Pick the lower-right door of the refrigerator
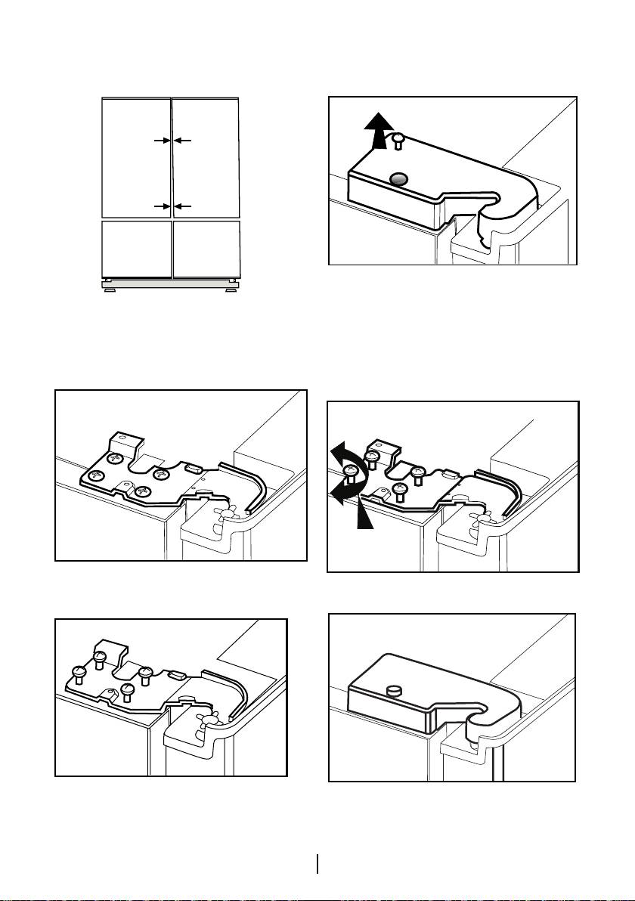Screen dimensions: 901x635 (x=206, y=248)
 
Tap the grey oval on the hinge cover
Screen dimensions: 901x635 (x=399, y=178)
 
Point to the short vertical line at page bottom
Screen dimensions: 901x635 (x=317, y=863)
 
